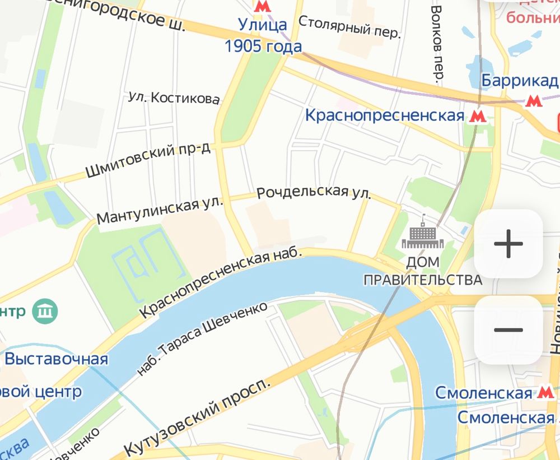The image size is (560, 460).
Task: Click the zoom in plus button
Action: [x=508, y=244]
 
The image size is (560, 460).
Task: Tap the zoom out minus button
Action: [x=508, y=330]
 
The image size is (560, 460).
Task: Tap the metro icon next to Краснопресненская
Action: [x=478, y=116]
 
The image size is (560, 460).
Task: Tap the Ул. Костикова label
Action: [x=174, y=99]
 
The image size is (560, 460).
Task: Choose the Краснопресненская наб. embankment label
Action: [x=221, y=283]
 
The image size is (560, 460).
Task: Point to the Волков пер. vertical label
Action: [x=438, y=42]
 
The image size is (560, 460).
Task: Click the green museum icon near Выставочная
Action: [x=45, y=310]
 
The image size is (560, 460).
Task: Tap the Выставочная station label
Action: [x=55, y=359]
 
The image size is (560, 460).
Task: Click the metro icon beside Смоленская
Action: [x=542, y=393]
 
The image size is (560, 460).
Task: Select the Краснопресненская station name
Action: [x=385, y=115]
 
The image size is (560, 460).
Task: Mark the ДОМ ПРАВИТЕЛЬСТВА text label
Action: [x=423, y=271]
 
